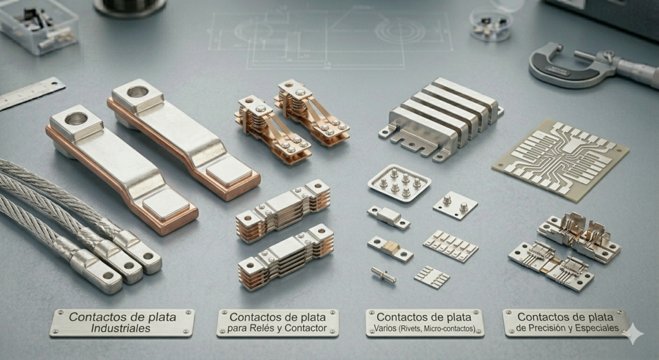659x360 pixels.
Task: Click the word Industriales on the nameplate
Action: tap(120, 328)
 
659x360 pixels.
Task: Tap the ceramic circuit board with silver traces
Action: tap(561, 158)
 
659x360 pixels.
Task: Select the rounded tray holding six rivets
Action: tap(399, 182)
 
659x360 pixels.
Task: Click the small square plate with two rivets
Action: tap(455, 205)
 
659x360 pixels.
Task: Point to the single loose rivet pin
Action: tap(383, 275)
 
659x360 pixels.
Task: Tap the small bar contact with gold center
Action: tap(389, 249)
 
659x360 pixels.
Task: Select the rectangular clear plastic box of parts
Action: tap(38, 26)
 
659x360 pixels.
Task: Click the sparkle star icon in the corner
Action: tap(633, 334)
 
